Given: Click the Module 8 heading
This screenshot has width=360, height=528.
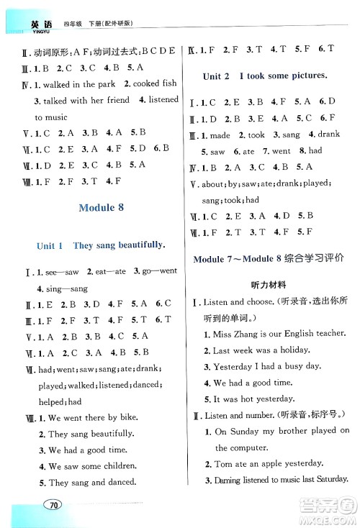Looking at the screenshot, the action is (x=100, y=207).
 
